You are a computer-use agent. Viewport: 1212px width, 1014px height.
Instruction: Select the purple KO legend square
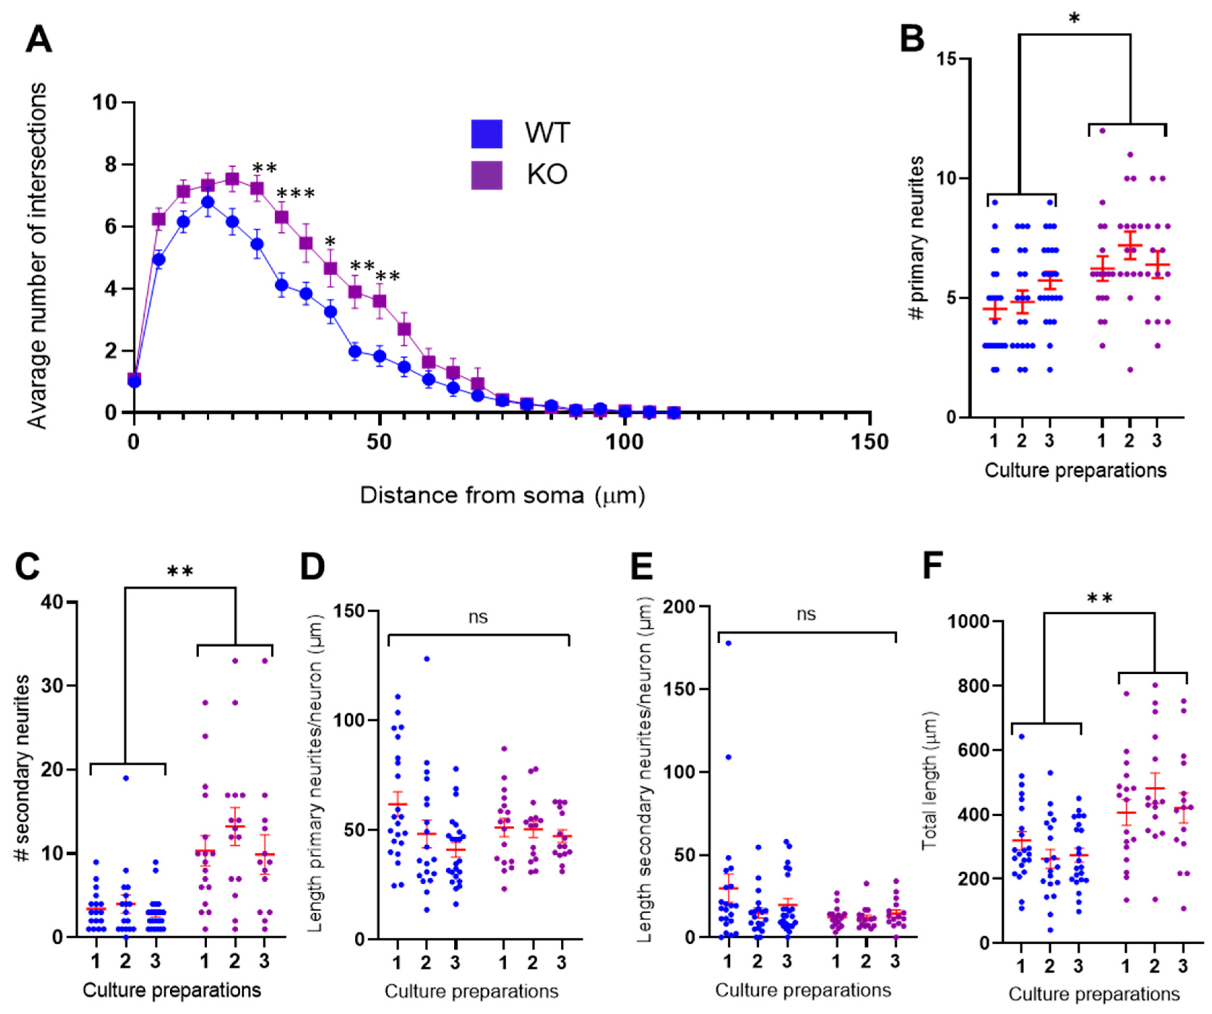pyautogui.click(x=487, y=174)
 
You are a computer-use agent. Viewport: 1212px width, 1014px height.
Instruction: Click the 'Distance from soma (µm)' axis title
pyautogui.click(x=502, y=495)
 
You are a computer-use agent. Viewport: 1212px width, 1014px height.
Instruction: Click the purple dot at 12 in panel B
pyautogui.click(x=1102, y=130)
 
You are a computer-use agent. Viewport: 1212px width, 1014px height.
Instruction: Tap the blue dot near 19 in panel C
pyautogui.click(x=125, y=778)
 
